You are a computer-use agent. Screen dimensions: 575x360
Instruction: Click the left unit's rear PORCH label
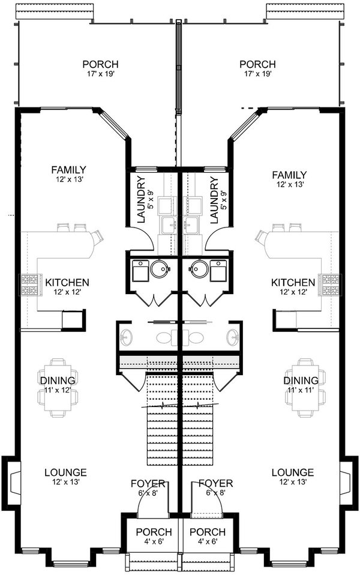pyautogui.click(x=100, y=64)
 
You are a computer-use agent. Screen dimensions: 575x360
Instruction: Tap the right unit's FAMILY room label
pyautogui.click(x=289, y=175)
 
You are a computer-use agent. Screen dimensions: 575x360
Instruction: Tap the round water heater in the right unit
pyautogui.click(x=199, y=269)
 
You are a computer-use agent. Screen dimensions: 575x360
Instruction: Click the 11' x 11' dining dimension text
pyautogui.click(x=301, y=390)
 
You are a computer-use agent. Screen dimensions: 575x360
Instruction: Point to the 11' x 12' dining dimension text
pyautogui.click(x=58, y=390)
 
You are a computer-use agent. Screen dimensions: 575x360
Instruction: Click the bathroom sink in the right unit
pyautogui.click(x=233, y=337)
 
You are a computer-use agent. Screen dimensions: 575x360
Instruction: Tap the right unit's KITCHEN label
pyautogui.click(x=293, y=282)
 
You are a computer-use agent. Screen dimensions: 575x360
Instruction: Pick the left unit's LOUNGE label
pyautogui.click(x=65, y=472)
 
